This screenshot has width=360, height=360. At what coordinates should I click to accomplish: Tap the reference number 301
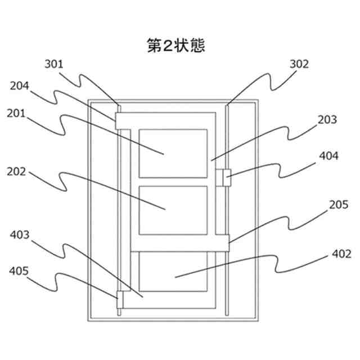[55, 63]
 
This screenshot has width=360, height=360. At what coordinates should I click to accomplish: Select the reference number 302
[299, 64]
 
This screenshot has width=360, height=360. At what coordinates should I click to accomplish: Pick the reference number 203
[327, 119]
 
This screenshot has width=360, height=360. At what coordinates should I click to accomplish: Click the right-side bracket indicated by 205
[224, 243]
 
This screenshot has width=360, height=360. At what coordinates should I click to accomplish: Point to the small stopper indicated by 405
[118, 295]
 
